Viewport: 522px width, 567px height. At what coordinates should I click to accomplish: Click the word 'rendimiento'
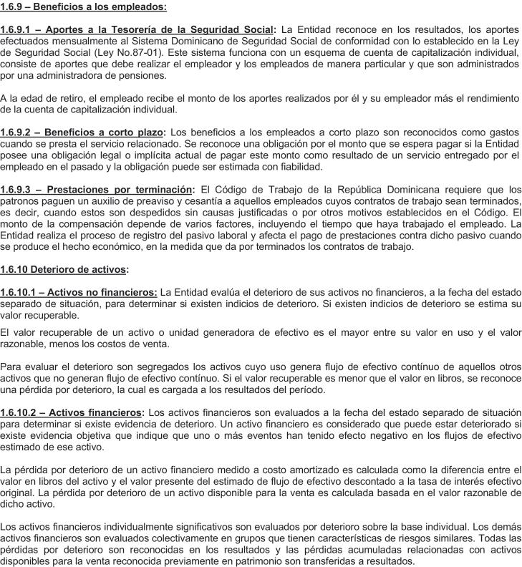pyautogui.click(x=487, y=98)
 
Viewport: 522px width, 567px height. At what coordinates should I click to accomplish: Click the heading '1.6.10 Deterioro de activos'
pyautogui.click(x=64, y=270)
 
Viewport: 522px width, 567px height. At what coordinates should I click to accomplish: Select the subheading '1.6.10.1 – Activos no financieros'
pyautogui.click(x=79, y=293)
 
